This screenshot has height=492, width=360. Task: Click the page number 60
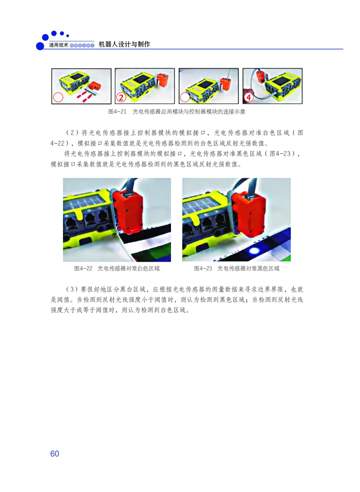pos(54,453)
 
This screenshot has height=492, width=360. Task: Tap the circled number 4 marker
pos(248,97)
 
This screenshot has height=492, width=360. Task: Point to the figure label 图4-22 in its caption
pos(83,268)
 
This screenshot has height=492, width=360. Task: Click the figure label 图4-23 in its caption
pos(203,268)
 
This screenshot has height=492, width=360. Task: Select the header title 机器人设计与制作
pos(124,45)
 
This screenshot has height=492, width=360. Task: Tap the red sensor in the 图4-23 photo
pos(249,214)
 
